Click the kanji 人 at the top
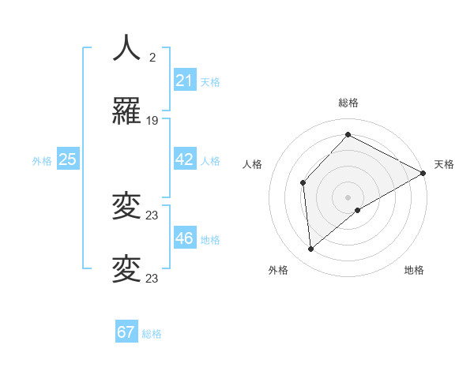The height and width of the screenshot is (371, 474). (x=126, y=48)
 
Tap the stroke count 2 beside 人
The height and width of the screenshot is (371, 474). (x=152, y=57)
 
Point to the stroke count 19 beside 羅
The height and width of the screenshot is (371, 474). (x=152, y=121)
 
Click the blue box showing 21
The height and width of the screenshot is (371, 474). (x=184, y=81)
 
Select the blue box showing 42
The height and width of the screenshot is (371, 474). (x=184, y=159)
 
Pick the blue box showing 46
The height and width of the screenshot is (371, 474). (x=184, y=238)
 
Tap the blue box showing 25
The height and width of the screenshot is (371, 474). (x=67, y=159)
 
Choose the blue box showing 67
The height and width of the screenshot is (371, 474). (x=126, y=332)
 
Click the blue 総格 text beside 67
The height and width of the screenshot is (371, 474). (x=152, y=334)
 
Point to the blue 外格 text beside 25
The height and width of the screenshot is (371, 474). (x=42, y=161)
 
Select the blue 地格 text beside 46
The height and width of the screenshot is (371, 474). (x=210, y=240)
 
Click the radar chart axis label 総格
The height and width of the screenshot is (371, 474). (x=348, y=103)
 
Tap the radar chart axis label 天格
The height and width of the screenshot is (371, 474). (x=445, y=164)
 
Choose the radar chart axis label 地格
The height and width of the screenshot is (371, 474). (x=414, y=270)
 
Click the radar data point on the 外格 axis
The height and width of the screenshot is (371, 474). (x=311, y=249)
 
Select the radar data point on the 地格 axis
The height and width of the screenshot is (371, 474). (x=358, y=210)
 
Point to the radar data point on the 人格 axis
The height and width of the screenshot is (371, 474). (x=303, y=183)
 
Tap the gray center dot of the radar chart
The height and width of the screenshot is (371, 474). (x=348, y=197)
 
